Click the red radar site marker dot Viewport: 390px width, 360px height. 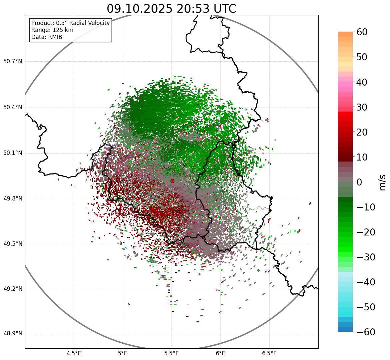pos(172,181)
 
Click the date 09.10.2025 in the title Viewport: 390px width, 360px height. pos(139,9)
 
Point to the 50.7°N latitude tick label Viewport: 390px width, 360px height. pos(13,62)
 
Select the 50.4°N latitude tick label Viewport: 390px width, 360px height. pos(13,108)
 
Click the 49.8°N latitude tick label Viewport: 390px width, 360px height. pos(13,199)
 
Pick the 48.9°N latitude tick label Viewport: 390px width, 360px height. pos(13,334)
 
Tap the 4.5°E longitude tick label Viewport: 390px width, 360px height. pos(74,353)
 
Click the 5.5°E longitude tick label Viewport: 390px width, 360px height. pos(172,353)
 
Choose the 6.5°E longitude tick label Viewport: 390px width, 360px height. pos(269,353)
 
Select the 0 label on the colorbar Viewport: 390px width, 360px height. pos(359,182)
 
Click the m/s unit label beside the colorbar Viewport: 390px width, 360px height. pos(383,182)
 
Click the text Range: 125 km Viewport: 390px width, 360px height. pos(52,30)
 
